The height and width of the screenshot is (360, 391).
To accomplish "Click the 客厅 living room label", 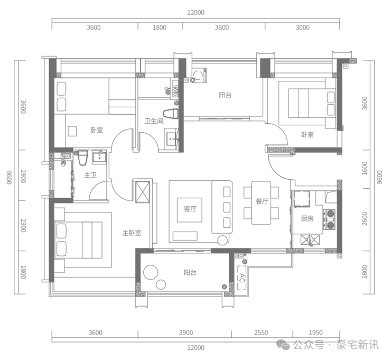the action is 190,209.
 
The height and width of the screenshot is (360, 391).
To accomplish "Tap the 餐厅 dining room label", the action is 262,201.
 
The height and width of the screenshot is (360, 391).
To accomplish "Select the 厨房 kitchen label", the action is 307,218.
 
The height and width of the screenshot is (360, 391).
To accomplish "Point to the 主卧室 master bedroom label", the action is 132,233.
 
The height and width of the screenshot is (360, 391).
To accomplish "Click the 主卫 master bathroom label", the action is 90,175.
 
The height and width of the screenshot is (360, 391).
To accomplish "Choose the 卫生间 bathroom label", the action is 154,121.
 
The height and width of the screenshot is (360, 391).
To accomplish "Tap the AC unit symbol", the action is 241,278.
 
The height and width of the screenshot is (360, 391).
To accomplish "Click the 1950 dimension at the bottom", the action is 315,333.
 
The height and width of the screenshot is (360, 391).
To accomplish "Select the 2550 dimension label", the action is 261,333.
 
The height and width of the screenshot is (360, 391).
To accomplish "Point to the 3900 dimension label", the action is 186,333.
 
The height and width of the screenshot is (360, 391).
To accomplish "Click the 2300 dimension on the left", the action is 23,226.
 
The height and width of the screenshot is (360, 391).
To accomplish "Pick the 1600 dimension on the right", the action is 365,169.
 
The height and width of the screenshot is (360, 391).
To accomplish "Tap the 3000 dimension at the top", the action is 302,27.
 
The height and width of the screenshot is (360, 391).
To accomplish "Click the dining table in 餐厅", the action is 261,203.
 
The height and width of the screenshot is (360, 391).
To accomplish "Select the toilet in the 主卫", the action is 83,158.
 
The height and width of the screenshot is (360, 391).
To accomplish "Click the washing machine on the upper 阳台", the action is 199,75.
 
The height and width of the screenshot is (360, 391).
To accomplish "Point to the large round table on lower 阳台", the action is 151,272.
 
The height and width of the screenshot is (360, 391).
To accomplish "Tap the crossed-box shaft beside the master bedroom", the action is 142,191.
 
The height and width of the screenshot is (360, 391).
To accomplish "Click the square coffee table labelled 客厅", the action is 190,210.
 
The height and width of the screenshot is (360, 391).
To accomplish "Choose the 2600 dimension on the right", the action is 365,218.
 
